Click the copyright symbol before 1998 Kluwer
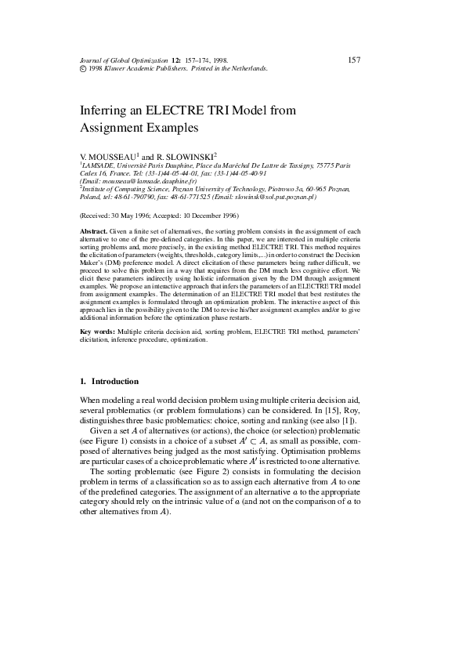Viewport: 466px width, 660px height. point(83,68)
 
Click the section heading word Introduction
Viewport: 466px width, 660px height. point(115,382)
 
